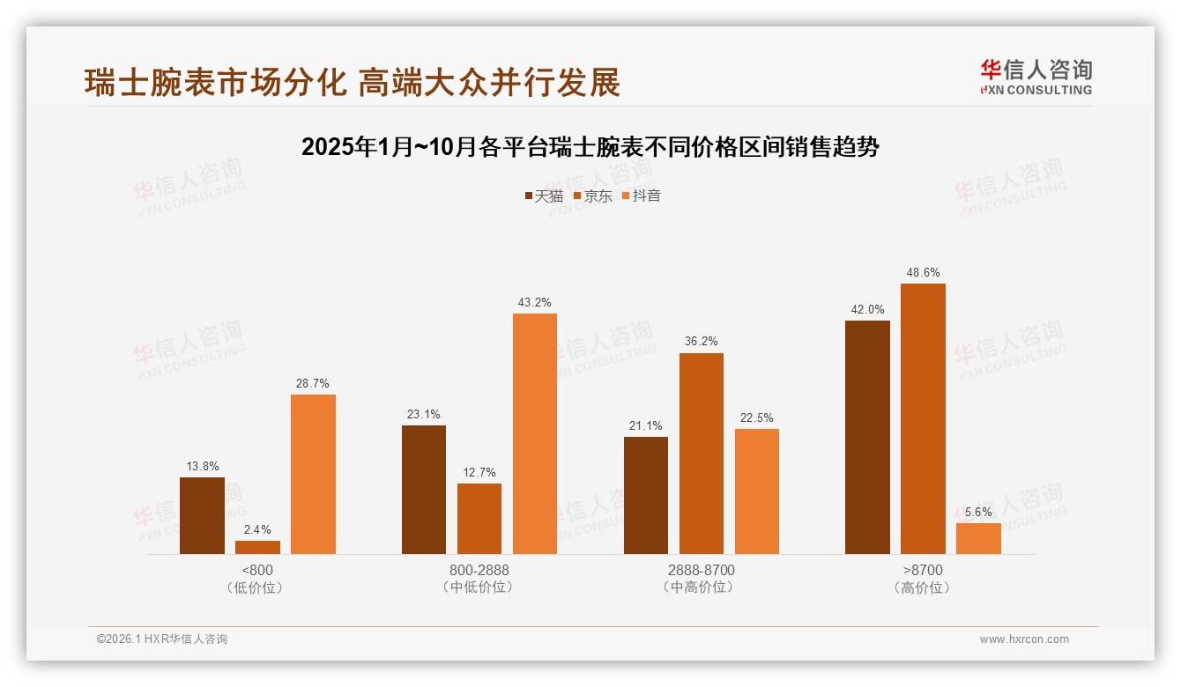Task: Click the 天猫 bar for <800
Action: [x=202, y=515]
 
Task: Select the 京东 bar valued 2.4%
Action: [x=257, y=547]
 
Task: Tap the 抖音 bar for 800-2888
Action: [x=535, y=433]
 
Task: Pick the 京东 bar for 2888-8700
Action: [x=702, y=454]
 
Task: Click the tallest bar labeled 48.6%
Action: [x=923, y=418]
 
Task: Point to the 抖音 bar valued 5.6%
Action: [x=978, y=538]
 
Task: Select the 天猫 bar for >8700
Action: [x=867, y=437]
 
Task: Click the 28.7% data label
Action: [x=313, y=384]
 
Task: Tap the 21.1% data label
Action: [x=646, y=426]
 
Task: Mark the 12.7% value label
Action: [x=479, y=473]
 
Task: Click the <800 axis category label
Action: [x=256, y=570]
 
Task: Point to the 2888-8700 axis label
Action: [x=701, y=570]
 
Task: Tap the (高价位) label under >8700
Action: [x=922, y=587]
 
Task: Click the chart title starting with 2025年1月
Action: [x=590, y=147]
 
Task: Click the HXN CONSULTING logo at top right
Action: [x=1036, y=78]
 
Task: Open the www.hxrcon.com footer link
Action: [x=1024, y=639]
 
